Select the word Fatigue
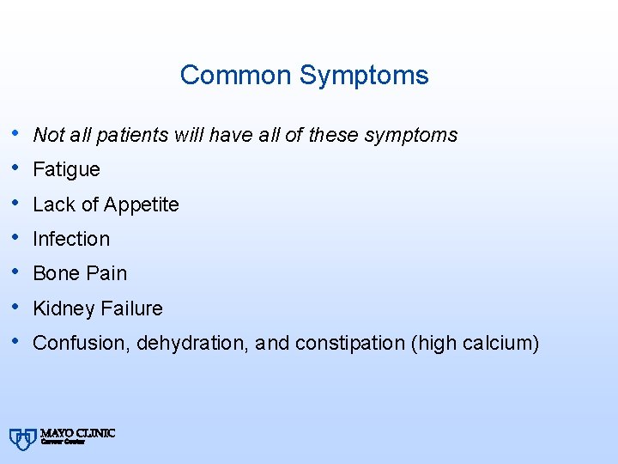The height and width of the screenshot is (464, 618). coord(66,170)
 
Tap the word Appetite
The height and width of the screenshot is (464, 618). coord(141,205)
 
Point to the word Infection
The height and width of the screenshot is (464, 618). coord(71,239)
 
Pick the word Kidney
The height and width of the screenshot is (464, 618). coord(63,308)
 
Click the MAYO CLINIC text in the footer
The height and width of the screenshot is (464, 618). coord(77,433)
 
